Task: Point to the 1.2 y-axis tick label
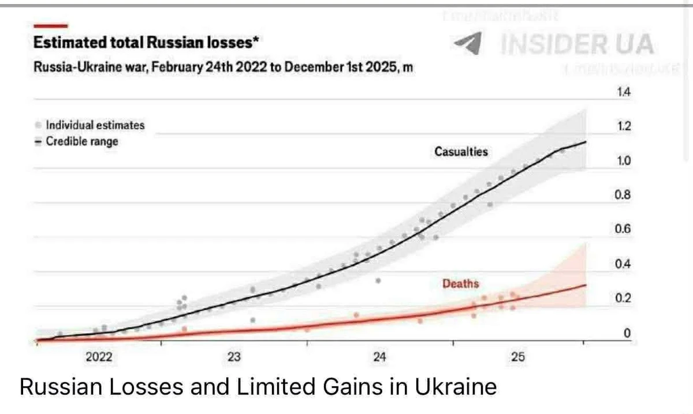click(624, 127)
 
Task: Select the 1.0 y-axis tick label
click(624, 161)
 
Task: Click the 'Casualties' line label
click(461, 152)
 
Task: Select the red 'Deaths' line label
click(460, 284)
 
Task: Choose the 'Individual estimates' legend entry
click(95, 125)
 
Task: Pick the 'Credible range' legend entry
click(81, 141)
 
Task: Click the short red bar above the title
click(51, 26)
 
